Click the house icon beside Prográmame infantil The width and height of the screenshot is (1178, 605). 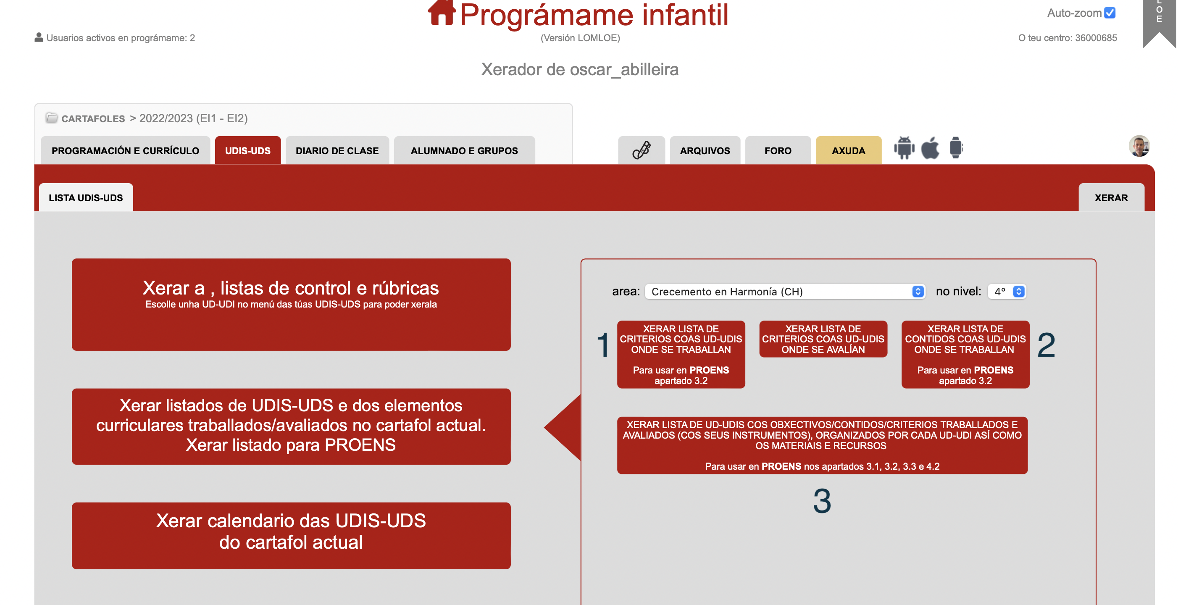pyautogui.click(x=441, y=12)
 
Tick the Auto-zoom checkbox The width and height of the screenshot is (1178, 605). pyautogui.click(x=1110, y=13)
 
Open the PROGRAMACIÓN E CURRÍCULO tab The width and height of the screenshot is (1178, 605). pyautogui.click(x=125, y=150)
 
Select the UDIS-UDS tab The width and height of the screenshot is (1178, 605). pyautogui.click(x=248, y=150)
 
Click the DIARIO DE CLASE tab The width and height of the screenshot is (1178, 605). pyautogui.click(x=337, y=150)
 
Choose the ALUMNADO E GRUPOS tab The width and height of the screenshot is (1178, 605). pyautogui.click(x=464, y=150)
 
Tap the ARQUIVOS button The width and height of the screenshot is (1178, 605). pyautogui.click(x=705, y=150)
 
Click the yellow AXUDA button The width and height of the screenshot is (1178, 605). pyautogui.click(x=848, y=150)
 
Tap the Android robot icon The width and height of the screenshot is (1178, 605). pyautogui.click(x=904, y=148)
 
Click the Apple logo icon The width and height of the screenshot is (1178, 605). pyautogui.click(x=930, y=148)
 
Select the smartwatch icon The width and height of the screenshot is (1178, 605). pyautogui.click(x=956, y=148)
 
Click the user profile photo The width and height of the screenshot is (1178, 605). pyautogui.click(x=1139, y=146)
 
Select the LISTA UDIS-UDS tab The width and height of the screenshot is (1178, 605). pyautogui.click(x=86, y=197)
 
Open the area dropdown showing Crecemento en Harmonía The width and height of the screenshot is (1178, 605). pyautogui.click(x=785, y=291)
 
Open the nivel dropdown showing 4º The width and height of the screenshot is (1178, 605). pyautogui.click(x=1007, y=291)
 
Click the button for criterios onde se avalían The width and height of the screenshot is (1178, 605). pyautogui.click(x=823, y=339)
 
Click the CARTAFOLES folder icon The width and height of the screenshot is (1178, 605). pyautogui.click(x=52, y=118)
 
